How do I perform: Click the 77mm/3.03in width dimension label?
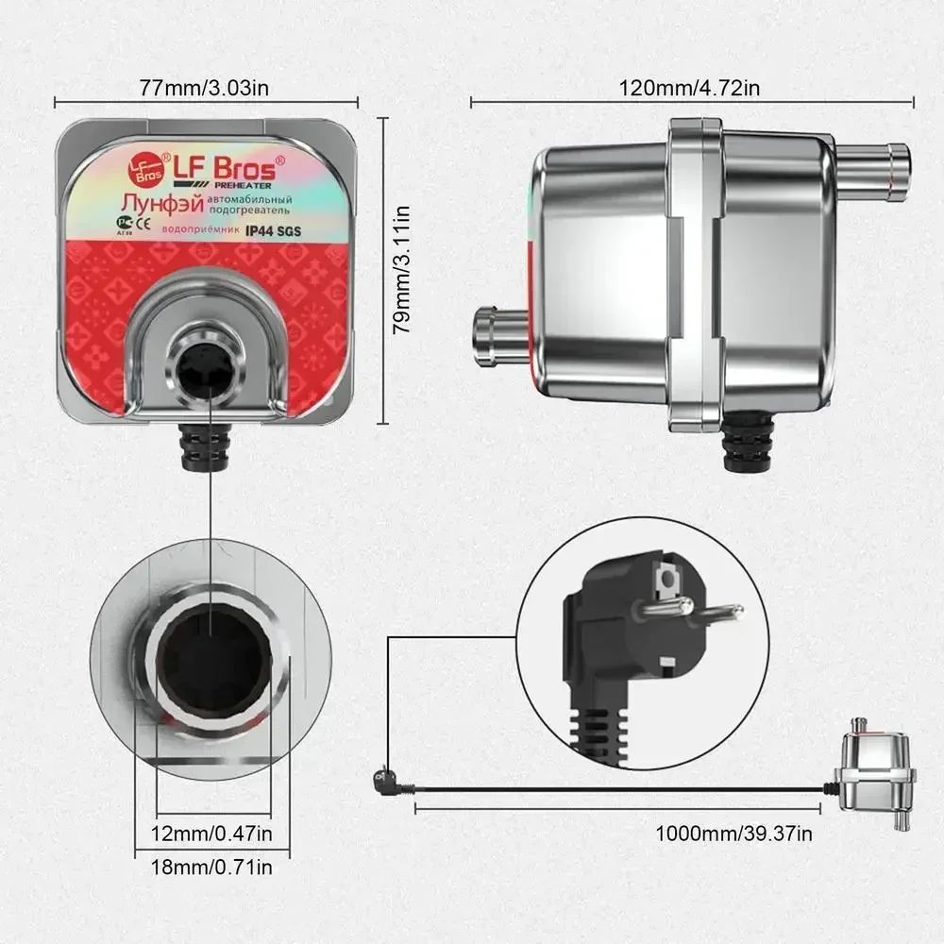[x=206, y=90]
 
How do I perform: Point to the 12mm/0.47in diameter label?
[x=211, y=834]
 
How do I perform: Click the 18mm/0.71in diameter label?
[x=211, y=867]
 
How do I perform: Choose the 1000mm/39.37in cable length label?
[x=734, y=834]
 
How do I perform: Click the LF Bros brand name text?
[x=224, y=169]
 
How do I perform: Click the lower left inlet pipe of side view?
[x=497, y=336]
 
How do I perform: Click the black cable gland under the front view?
[x=207, y=446]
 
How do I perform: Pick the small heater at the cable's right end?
[x=874, y=770]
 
